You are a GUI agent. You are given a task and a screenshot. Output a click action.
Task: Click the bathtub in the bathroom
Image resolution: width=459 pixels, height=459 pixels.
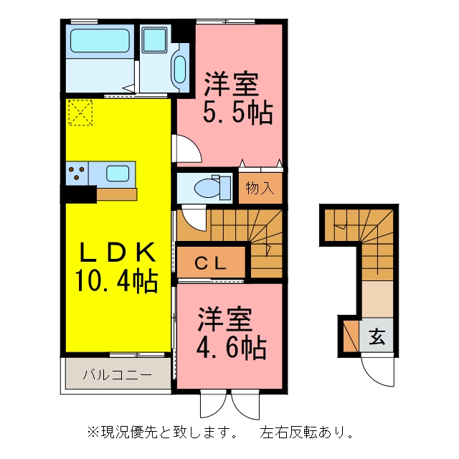click(100, 41)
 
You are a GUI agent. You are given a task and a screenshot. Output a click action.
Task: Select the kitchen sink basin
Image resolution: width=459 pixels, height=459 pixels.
click(118, 174)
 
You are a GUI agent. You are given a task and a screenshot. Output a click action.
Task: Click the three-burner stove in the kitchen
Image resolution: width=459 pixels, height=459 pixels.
click(77, 173)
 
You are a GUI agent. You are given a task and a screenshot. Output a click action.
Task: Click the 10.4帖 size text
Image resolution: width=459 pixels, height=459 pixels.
click(117, 281)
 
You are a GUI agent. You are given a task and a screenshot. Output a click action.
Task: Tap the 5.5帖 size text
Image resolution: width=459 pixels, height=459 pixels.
click(238, 113)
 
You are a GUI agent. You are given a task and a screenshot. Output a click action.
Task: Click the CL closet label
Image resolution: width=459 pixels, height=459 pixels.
click(211, 263)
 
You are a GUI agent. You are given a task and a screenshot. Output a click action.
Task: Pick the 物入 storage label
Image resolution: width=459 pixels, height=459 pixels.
click(260, 188)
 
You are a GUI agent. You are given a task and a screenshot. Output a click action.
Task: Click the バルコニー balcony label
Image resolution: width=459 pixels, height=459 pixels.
click(118, 374)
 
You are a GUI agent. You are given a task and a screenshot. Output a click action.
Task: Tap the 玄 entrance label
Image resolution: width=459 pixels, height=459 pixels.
click(377, 336)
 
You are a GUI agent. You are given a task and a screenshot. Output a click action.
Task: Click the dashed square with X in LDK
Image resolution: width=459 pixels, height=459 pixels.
click(80, 113)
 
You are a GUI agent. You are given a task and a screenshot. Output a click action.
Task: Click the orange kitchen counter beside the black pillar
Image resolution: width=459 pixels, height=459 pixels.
click(117, 194)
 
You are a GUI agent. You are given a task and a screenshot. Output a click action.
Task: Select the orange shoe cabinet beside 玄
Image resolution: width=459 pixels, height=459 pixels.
click(351, 336)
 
